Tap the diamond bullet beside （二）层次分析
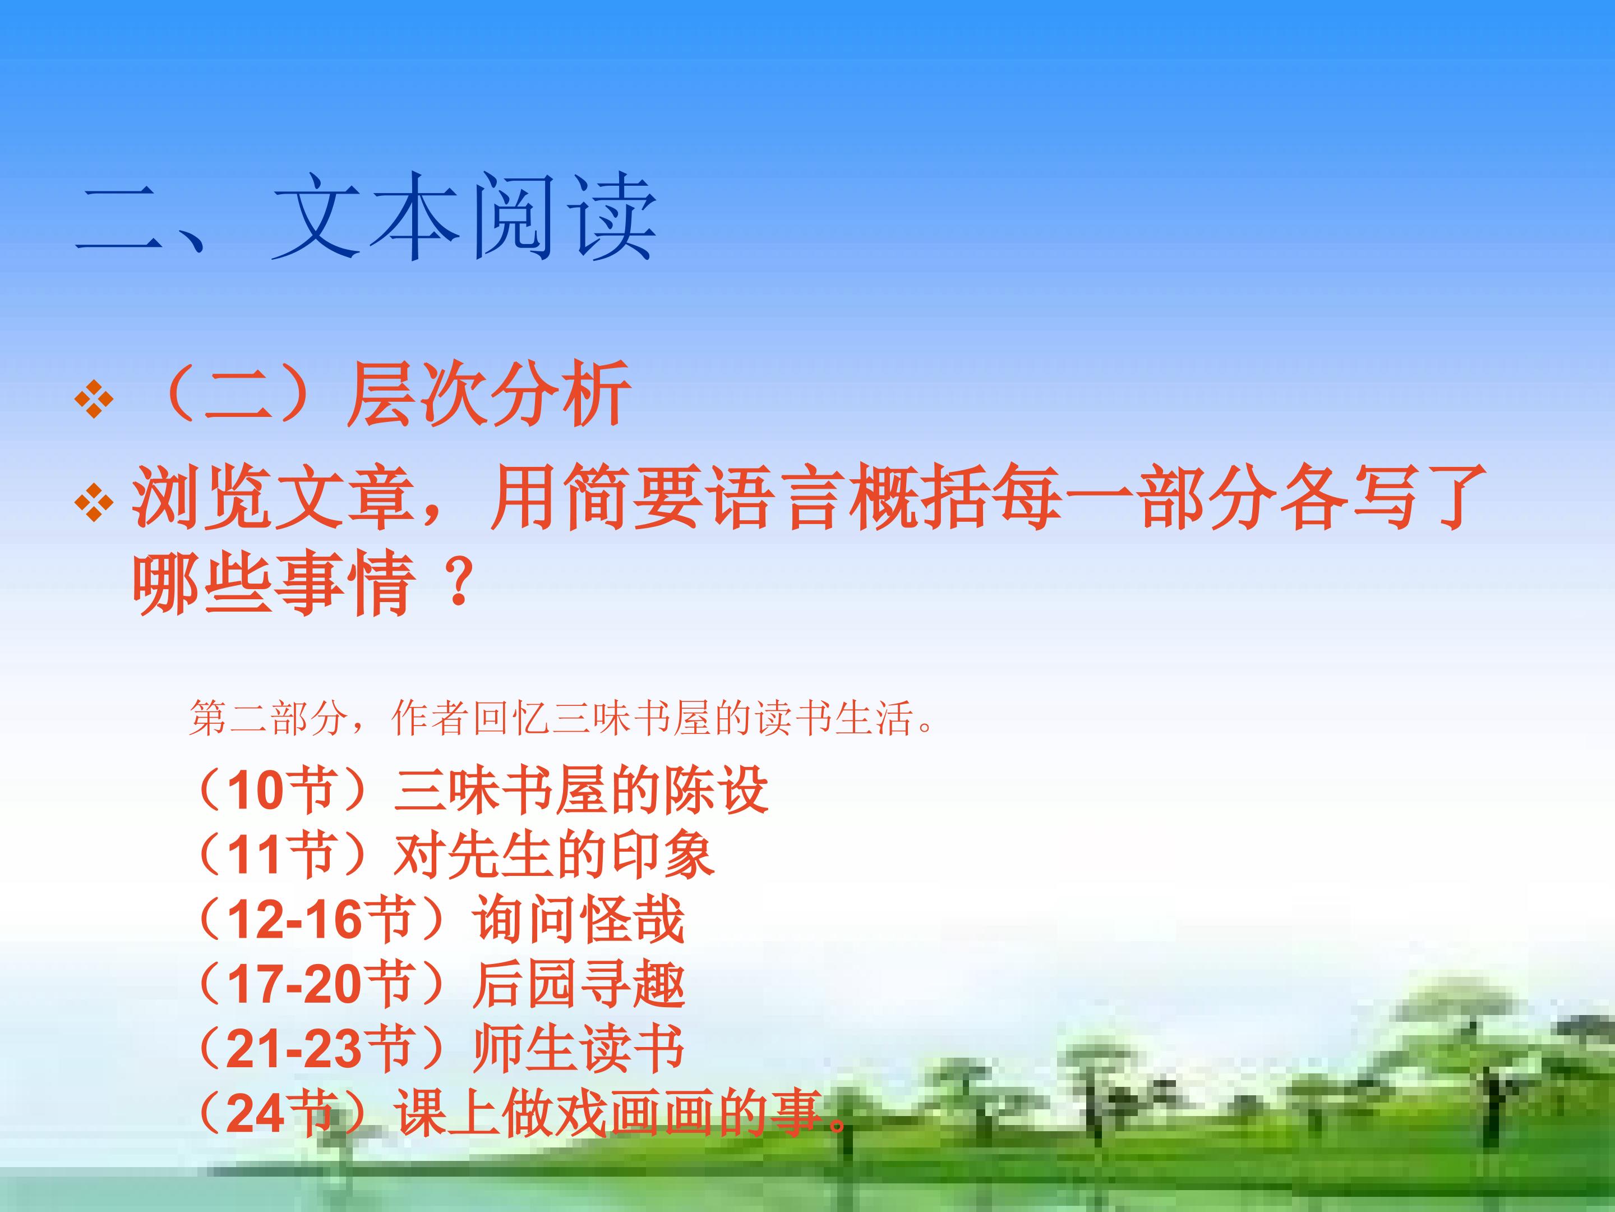pyautogui.click(x=94, y=400)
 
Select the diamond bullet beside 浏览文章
pyautogui.click(x=94, y=503)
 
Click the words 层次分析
pyautogui.click(x=488, y=394)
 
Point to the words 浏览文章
pyautogui.click(x=273, y=498)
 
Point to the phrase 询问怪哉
pyautogui.click(x=579, y=919)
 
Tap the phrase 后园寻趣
pyautogui.click(x=579, y=983)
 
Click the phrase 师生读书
pyautogui.click(x=579, y=1048)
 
